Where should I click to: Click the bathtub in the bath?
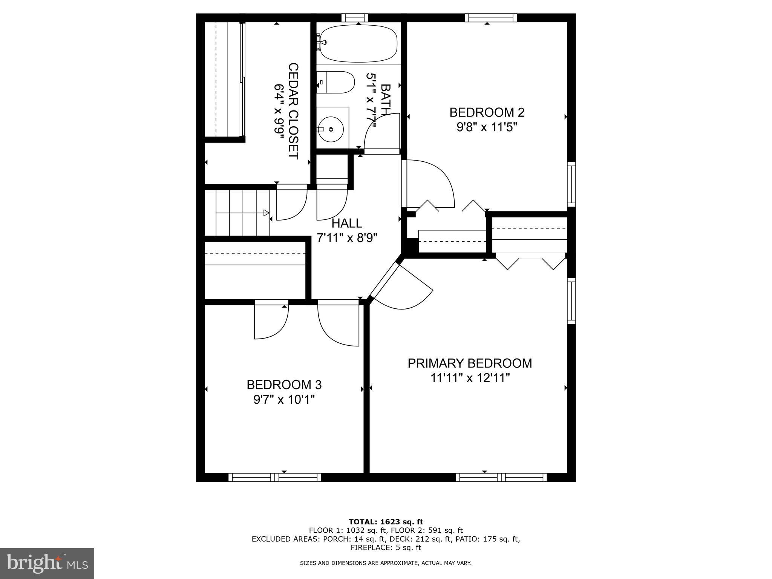(358, 44)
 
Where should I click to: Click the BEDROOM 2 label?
(487, 112)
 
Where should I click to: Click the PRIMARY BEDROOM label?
(470, 363)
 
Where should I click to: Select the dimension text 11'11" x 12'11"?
(470, 378)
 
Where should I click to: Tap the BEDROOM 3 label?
(284, 385)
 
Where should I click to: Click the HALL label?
(347, 224)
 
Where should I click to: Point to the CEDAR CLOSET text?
(293, 111)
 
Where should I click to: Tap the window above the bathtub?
(355, 18)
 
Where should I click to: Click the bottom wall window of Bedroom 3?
(275, 478)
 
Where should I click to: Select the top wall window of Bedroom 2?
(490, 18)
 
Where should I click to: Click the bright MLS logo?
(47, 564)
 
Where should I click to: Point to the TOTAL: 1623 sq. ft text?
(386, 522)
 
